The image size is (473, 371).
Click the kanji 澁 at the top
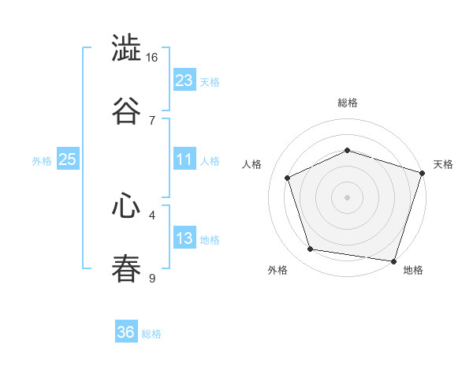coord(126,50)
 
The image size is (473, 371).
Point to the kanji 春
coord(126,268)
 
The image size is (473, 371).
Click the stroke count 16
coord(152,58)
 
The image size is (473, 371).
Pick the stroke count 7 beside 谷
coord(152,120)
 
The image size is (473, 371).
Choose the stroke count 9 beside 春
coord(152,277)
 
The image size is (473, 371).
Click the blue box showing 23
coord(184,81)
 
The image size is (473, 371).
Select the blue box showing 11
coord(184,159)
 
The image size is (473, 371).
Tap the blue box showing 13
coord(184,238)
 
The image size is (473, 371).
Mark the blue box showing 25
coord(68,159)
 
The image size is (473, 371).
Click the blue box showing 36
coord(126,332)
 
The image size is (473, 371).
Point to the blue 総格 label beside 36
coord(152,334)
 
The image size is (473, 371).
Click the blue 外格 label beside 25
coord(42,160)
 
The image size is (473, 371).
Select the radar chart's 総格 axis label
coord(348,103)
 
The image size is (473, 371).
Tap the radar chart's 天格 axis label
coord(444,164)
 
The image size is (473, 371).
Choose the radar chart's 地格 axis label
coord(413,270)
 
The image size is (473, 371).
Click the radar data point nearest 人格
coord(289,178)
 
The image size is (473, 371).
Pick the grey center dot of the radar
coord(348,197)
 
